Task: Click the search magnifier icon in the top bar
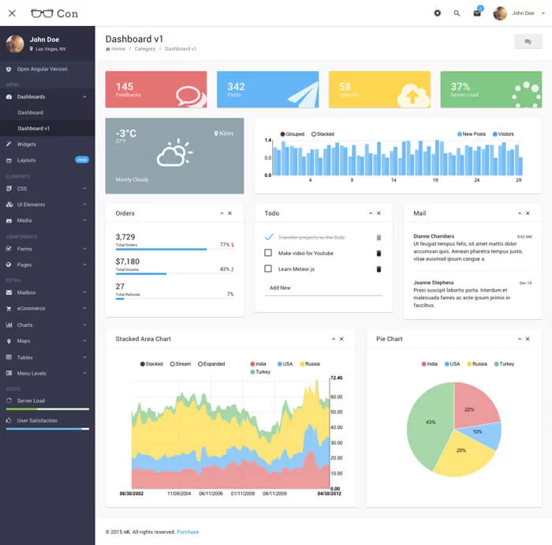(x=457, y=13)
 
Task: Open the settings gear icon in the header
(x=438, y=13)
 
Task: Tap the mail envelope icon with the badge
(x=477, y=13)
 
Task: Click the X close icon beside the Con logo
(x=12, y=13)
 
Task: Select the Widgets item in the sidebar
(x=27, y=145)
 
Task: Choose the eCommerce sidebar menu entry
(x=32, y=309)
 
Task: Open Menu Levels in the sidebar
(x=32, y=374)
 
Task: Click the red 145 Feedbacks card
(x=156, y=89)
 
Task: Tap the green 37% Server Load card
(x=490, y=89)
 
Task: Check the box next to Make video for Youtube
(x=268, y=253)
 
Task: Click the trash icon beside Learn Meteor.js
(x=379, y=269)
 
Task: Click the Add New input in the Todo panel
(x=323, y=288)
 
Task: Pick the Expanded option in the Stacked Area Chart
(x=211, y=364)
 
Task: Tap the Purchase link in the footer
(x=188, y=532)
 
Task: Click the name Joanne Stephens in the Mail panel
(x=433, y=283)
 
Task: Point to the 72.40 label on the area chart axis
(x=336, y=378)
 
